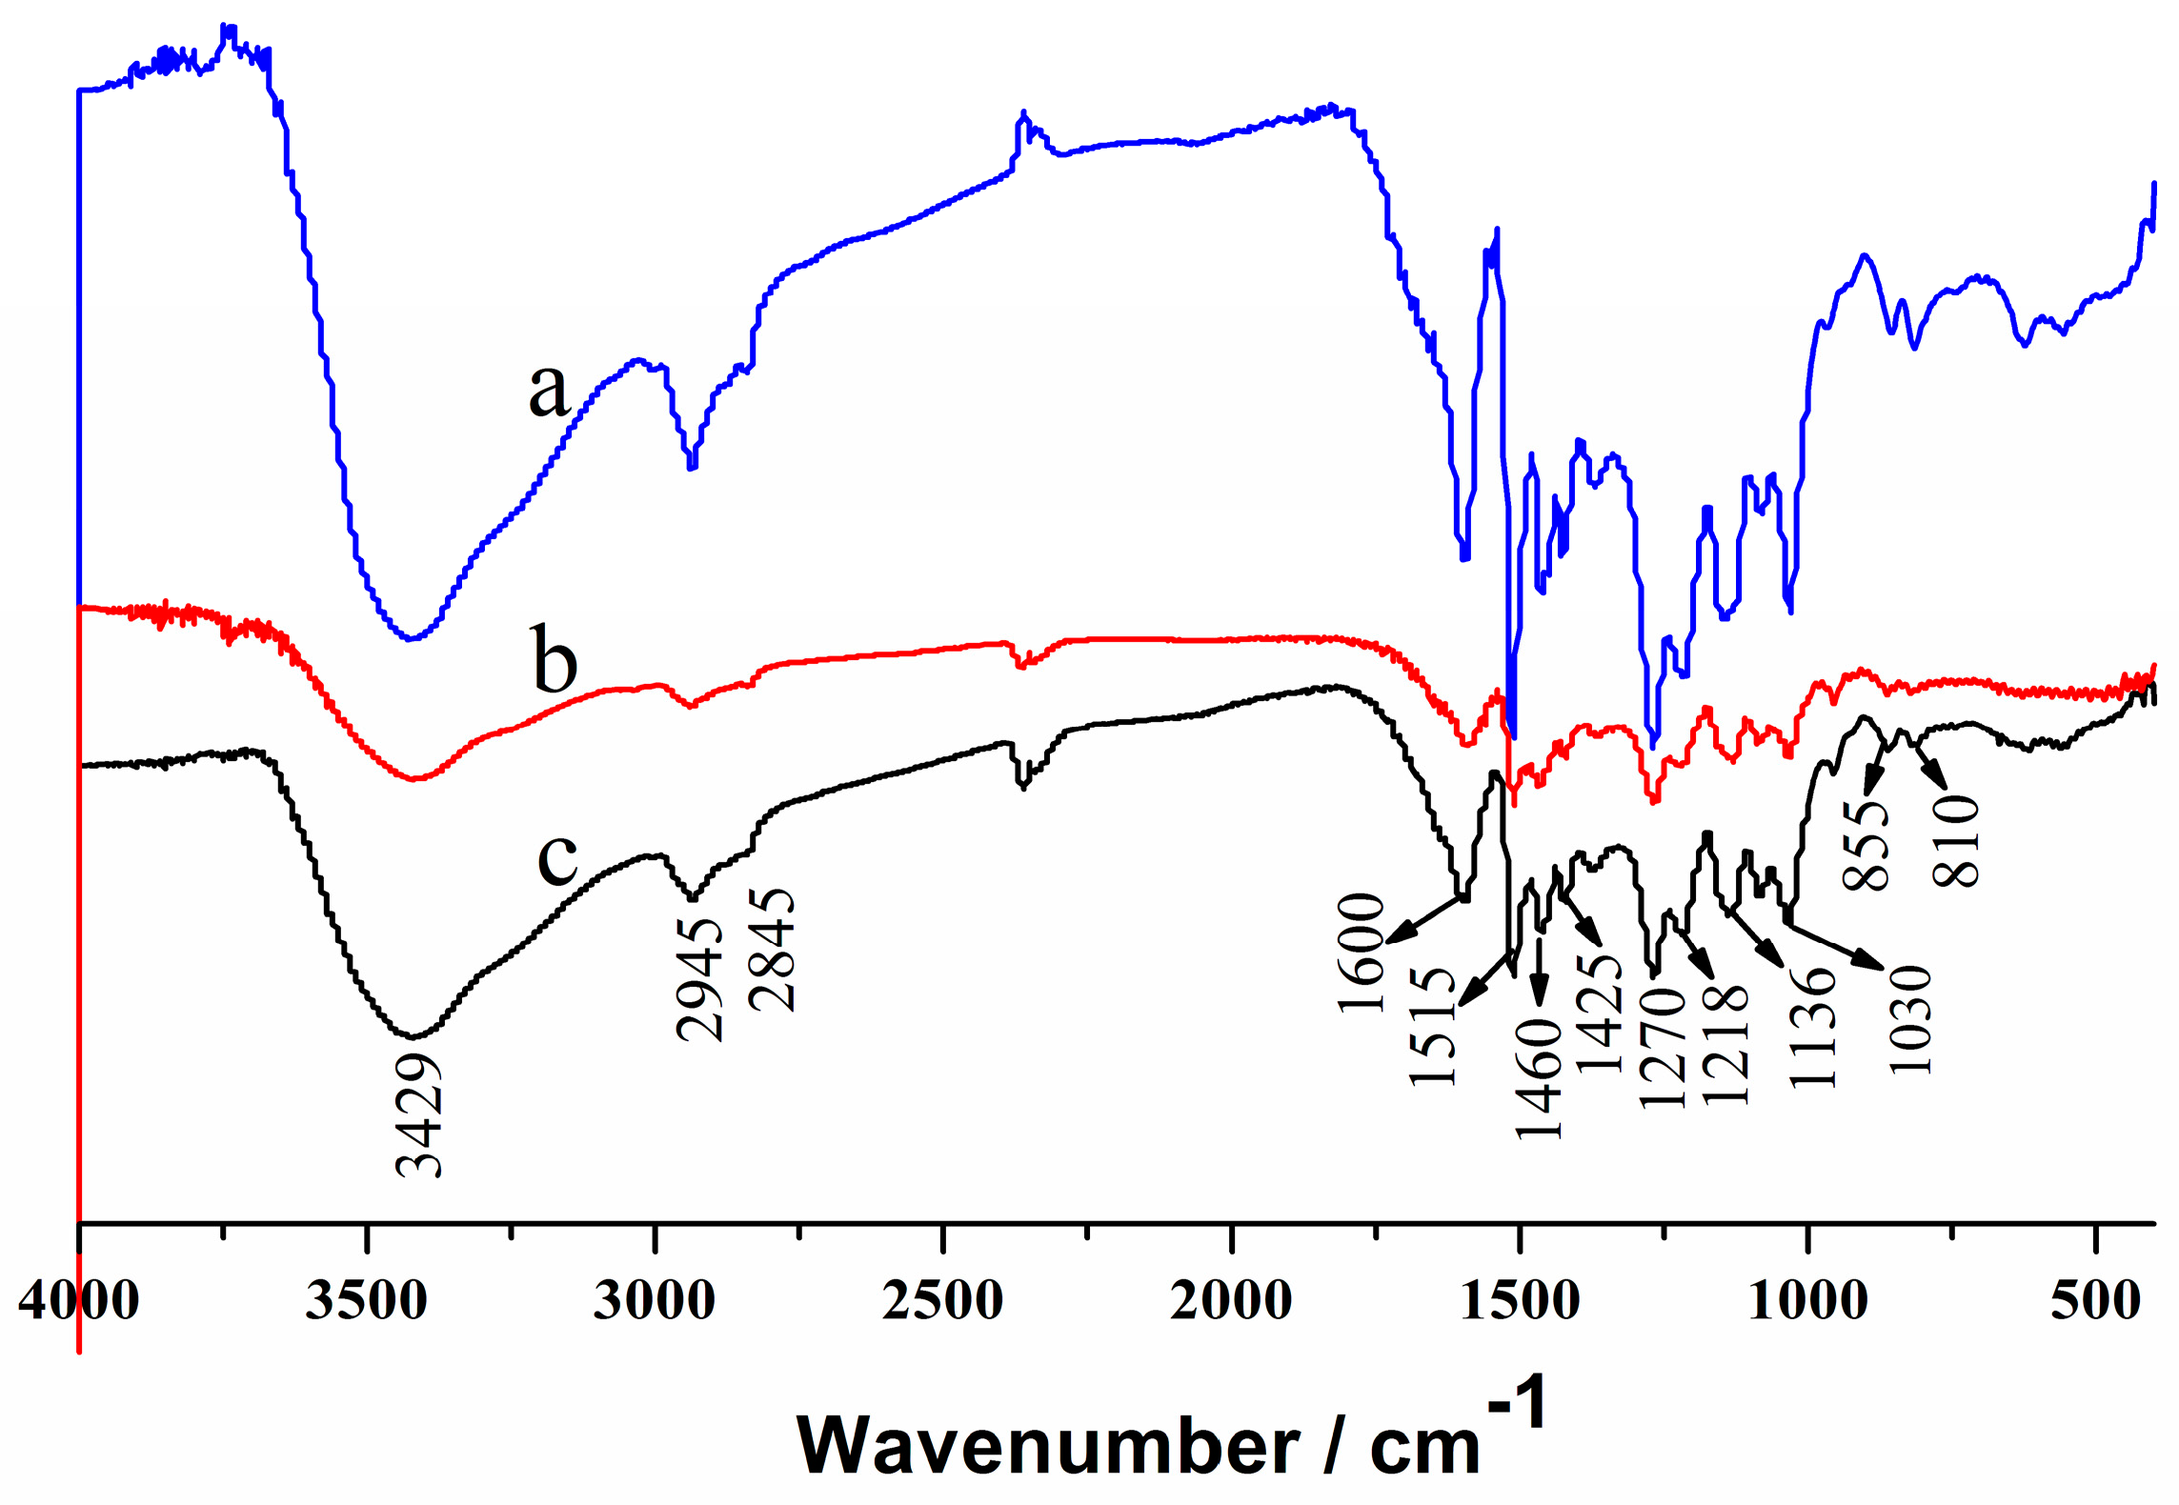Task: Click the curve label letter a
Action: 549,391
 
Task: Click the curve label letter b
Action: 555,660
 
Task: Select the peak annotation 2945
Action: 700,979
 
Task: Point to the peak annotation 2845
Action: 772,950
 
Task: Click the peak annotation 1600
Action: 1361,953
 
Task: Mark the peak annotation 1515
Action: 1433,1026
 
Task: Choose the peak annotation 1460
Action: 1539,1078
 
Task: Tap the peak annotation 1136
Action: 1811,1027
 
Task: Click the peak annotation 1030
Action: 1910,1019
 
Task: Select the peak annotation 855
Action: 1866,845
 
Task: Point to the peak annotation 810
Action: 1956,841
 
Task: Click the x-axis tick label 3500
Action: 366,1300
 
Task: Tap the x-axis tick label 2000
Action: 1231,1300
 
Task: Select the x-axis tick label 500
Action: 2096,1300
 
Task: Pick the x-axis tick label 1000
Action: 1807,1300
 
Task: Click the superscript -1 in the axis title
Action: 1517,1402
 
